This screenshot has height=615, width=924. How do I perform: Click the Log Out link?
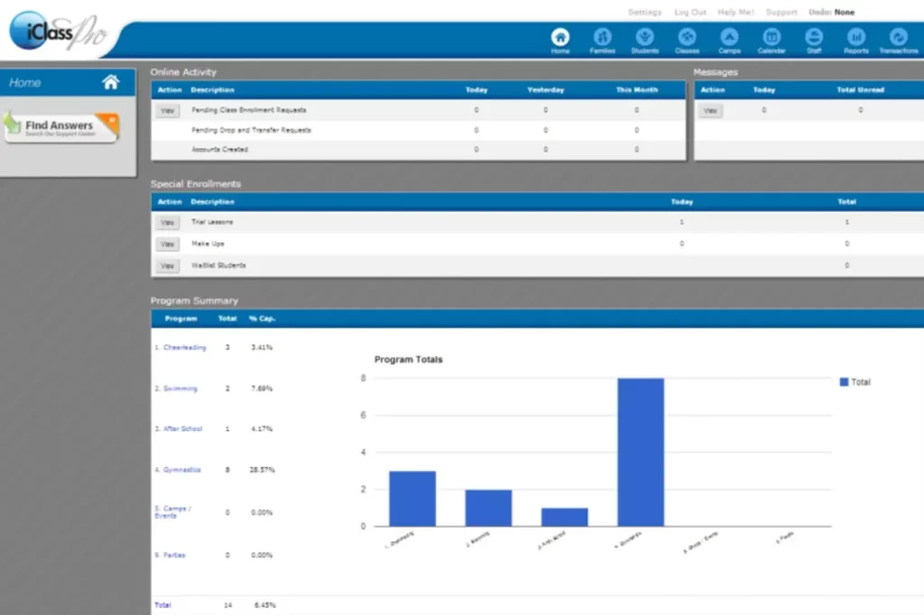pyautogui.click(x=690, y=13)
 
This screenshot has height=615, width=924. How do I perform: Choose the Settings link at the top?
pyautogui.click(x=644, y=13)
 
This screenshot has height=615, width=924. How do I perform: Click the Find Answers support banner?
pyautogui.click(x=61, y=127)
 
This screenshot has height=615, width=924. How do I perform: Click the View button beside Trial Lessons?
pyautogui.click(x=167, y=222)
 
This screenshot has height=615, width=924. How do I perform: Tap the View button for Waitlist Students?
pyautogui.click(x=167, y=266)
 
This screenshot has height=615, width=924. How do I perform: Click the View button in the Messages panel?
pyautogui.click(x=711, y=110)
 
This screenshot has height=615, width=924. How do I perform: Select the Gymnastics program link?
pyautogui.click(x=181, y=470)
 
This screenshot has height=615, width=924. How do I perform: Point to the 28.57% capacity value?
pyautogui.click(x=262, y=470)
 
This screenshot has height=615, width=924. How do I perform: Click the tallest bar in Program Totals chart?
pyautogui.click(x=641, y=452)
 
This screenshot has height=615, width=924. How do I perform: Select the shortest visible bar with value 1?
pyautogui.click(x=564, y=517)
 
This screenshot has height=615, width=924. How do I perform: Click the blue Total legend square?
pyautogui.click(x=844, y=382)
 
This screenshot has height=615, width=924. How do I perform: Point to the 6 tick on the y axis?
pyautogui.click(x=363, y=416)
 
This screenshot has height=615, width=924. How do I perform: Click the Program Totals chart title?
pyautogui.click(x=409, y=360)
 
